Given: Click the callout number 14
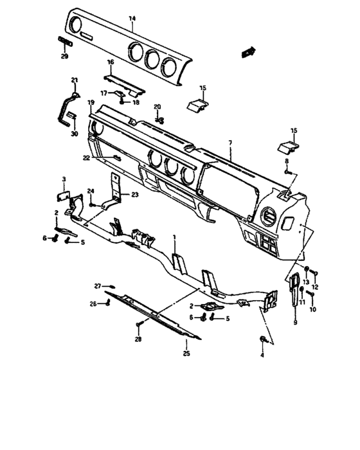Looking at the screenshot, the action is (x=132, y=19).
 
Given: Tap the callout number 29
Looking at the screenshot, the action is (x=64, y=57).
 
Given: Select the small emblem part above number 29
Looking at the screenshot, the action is (x=66, y=41).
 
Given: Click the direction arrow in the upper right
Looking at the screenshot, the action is (x=248, y=52).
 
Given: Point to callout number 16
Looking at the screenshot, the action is (x=111, y=62).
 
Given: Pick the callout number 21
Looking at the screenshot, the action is (x=75, y=80).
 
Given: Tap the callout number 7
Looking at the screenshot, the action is (x=230, y=142).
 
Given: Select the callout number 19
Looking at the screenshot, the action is (x=91, y=102).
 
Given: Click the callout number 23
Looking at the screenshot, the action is (x=135, y=195).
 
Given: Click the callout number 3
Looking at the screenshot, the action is (x=64, y=179).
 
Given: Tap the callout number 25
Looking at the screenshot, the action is (x=186, y=354).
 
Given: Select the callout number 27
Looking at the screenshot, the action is (x=98, y=286).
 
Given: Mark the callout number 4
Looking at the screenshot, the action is (x=262, y=355).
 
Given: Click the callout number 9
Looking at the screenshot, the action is (x=296, y=323).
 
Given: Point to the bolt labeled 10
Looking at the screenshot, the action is (x=310, y=294).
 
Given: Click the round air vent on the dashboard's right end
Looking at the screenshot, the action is (x=269, y=217).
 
